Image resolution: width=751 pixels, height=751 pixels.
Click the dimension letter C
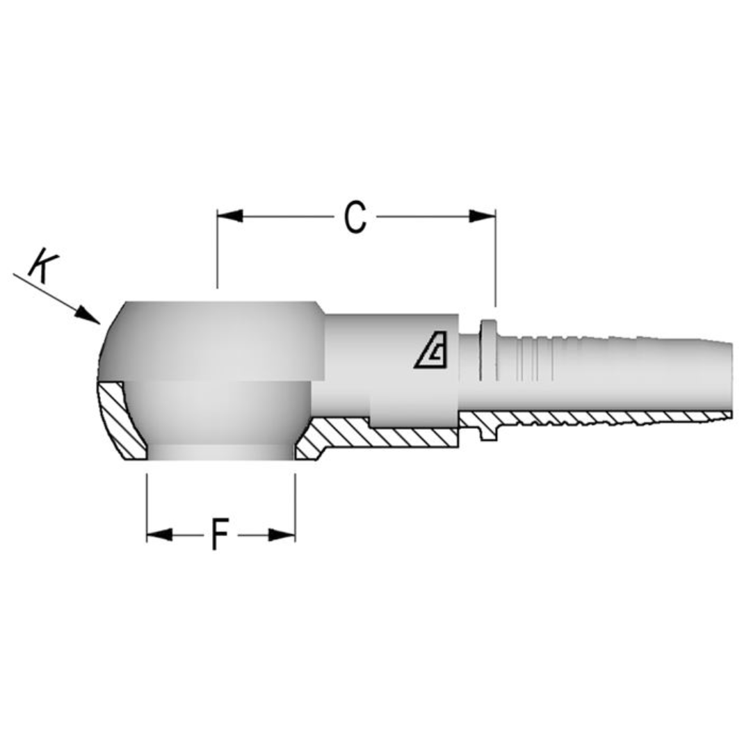coord(355,217)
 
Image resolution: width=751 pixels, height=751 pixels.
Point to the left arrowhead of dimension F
coord(159,535)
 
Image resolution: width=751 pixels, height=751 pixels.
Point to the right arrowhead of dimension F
coord(282,535)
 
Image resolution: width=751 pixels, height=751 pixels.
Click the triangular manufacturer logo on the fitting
coord(432,355)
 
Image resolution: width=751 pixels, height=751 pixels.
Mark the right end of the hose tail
coord(730,379)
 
